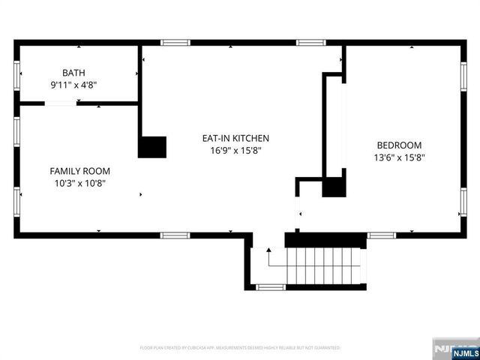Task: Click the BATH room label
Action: click(73, 73)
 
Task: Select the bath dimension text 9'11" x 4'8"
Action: click(73, 85)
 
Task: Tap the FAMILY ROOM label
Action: click(79, 171)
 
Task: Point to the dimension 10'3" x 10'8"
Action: click(79, 183)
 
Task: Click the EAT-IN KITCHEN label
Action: click(235, 138)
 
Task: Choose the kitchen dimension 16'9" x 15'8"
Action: click(235, 150)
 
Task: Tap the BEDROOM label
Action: click(399, 145)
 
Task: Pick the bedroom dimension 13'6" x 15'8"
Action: click(399, 157)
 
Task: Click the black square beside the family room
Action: click(152, 146)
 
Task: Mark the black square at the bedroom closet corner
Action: click(334, 186)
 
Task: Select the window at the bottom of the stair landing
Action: click(270, 287)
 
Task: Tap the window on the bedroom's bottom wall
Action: click(381, 235)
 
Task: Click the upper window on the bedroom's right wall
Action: click(463, 76)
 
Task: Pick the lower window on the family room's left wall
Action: click(17, 201)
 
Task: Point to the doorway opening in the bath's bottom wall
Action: click(61, 103)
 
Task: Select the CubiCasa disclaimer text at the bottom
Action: click(240, 348)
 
